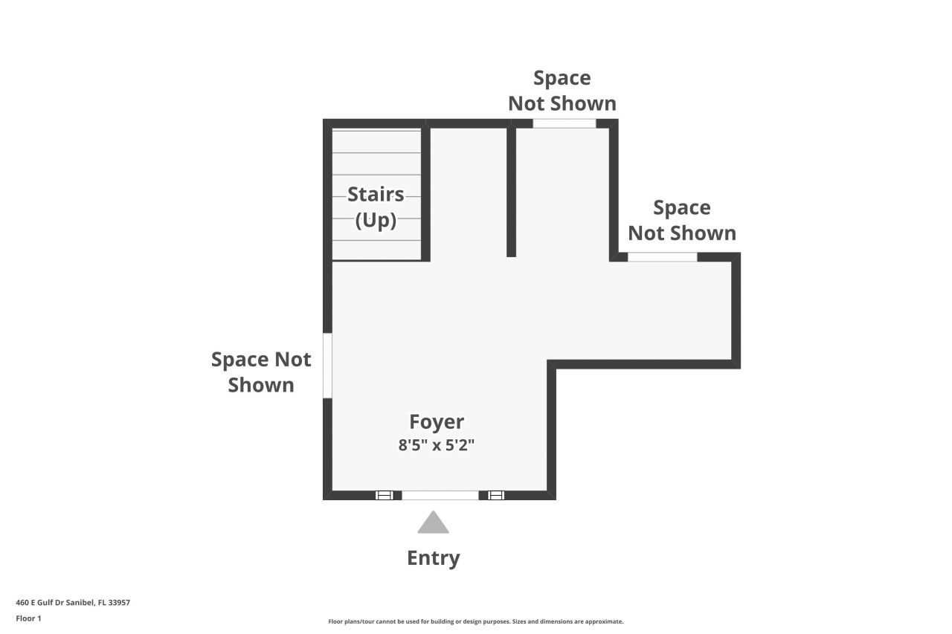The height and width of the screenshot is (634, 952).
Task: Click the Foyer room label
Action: pyautogui.click(x=437, y=422)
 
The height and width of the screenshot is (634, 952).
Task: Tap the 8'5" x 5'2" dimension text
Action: pyautogui.click(x=437, y=446)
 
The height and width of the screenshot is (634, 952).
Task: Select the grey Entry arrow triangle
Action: pyautogui.click(x=433, y=523)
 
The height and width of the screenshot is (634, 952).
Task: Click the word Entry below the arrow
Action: pyautogui.click(x=434, y=558)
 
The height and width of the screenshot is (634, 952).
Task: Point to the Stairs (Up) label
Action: pyautogui.click(x=376, y=207)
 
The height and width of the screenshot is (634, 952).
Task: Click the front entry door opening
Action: pyautogui.click(x=440, y=495)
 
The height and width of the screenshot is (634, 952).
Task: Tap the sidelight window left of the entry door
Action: pyautogui.click(x=384, y=495)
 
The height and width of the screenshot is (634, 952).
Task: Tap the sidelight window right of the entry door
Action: pyautogui.click(x=496, y=495)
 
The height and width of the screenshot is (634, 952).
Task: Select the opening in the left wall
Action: pyautogui.click(x=327, y=366)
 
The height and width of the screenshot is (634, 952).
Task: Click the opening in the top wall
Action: pyautogui.click(x=565, y=123)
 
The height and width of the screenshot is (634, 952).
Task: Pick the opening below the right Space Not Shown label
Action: pyautogui.click(x=662, y=257)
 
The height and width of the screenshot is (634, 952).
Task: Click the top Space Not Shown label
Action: pyautogui.click(x=562, y=91)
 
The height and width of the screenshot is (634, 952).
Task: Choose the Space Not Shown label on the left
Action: pyautogui.click(x=261, y=372)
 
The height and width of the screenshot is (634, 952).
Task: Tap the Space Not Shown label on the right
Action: pyautogui.click(x=682, y=220)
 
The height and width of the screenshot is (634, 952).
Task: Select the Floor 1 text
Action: pyautogui.click(x=28, y=618)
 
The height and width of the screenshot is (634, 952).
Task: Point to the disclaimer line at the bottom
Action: pyautogui.click(x=476, y=621)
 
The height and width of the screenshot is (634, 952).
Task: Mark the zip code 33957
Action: pyautogui.click(x=120, y=603)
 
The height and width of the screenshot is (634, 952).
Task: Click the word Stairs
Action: pyautogui.click(x=376, y=194)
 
